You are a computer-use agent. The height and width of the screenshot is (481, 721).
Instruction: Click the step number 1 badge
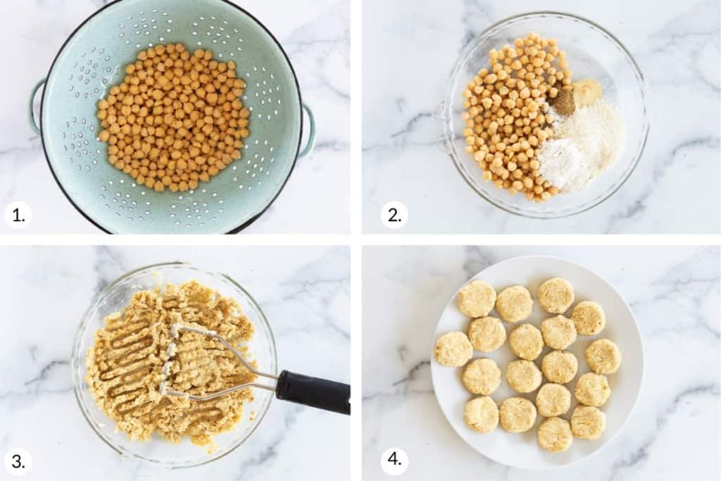[x=18, y=214]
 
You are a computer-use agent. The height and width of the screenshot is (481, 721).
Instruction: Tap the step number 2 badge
[x=394, y=214]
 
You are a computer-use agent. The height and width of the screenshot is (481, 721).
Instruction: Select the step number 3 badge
[x=18, y=461]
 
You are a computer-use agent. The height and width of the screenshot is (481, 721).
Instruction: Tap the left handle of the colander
[x=35, y=106]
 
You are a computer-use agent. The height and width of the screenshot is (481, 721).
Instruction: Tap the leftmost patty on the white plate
[x=453, y=349]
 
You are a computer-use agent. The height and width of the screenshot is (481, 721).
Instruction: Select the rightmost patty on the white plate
[x=603, y=356]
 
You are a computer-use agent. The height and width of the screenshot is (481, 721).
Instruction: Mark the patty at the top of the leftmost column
[x=477, y=299]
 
